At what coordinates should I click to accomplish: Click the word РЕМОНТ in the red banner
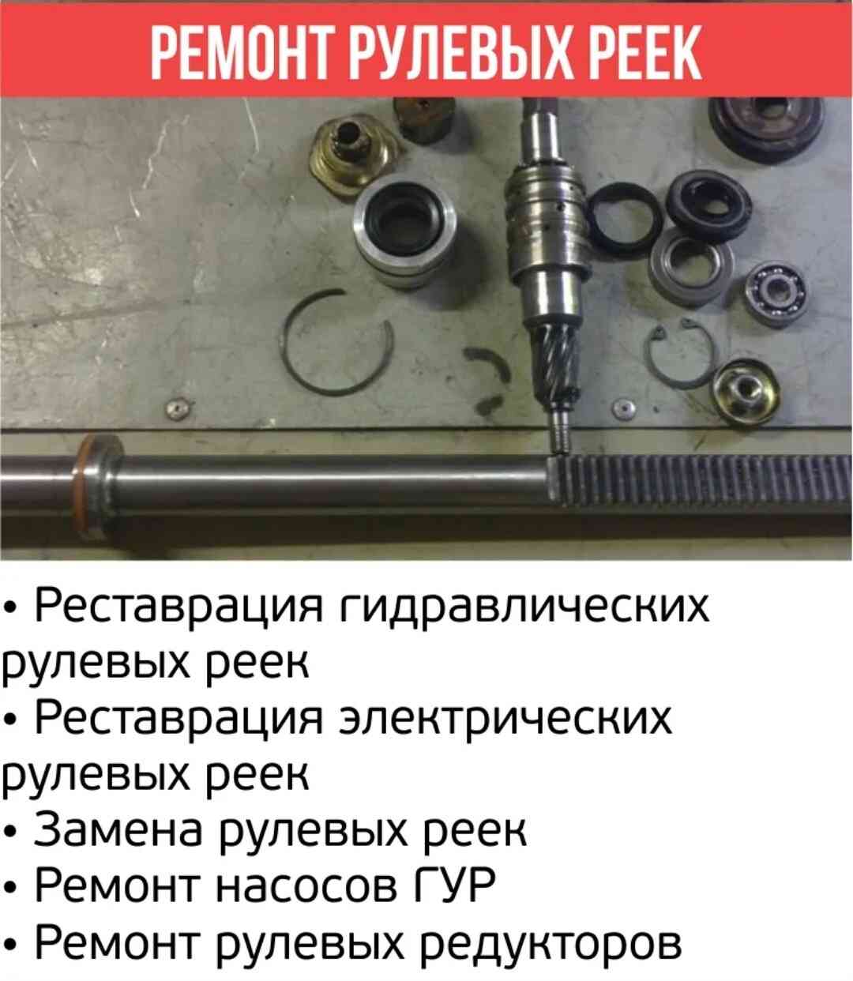239,52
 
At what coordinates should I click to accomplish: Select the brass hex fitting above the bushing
353,153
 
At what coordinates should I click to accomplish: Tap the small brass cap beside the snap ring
746,391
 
